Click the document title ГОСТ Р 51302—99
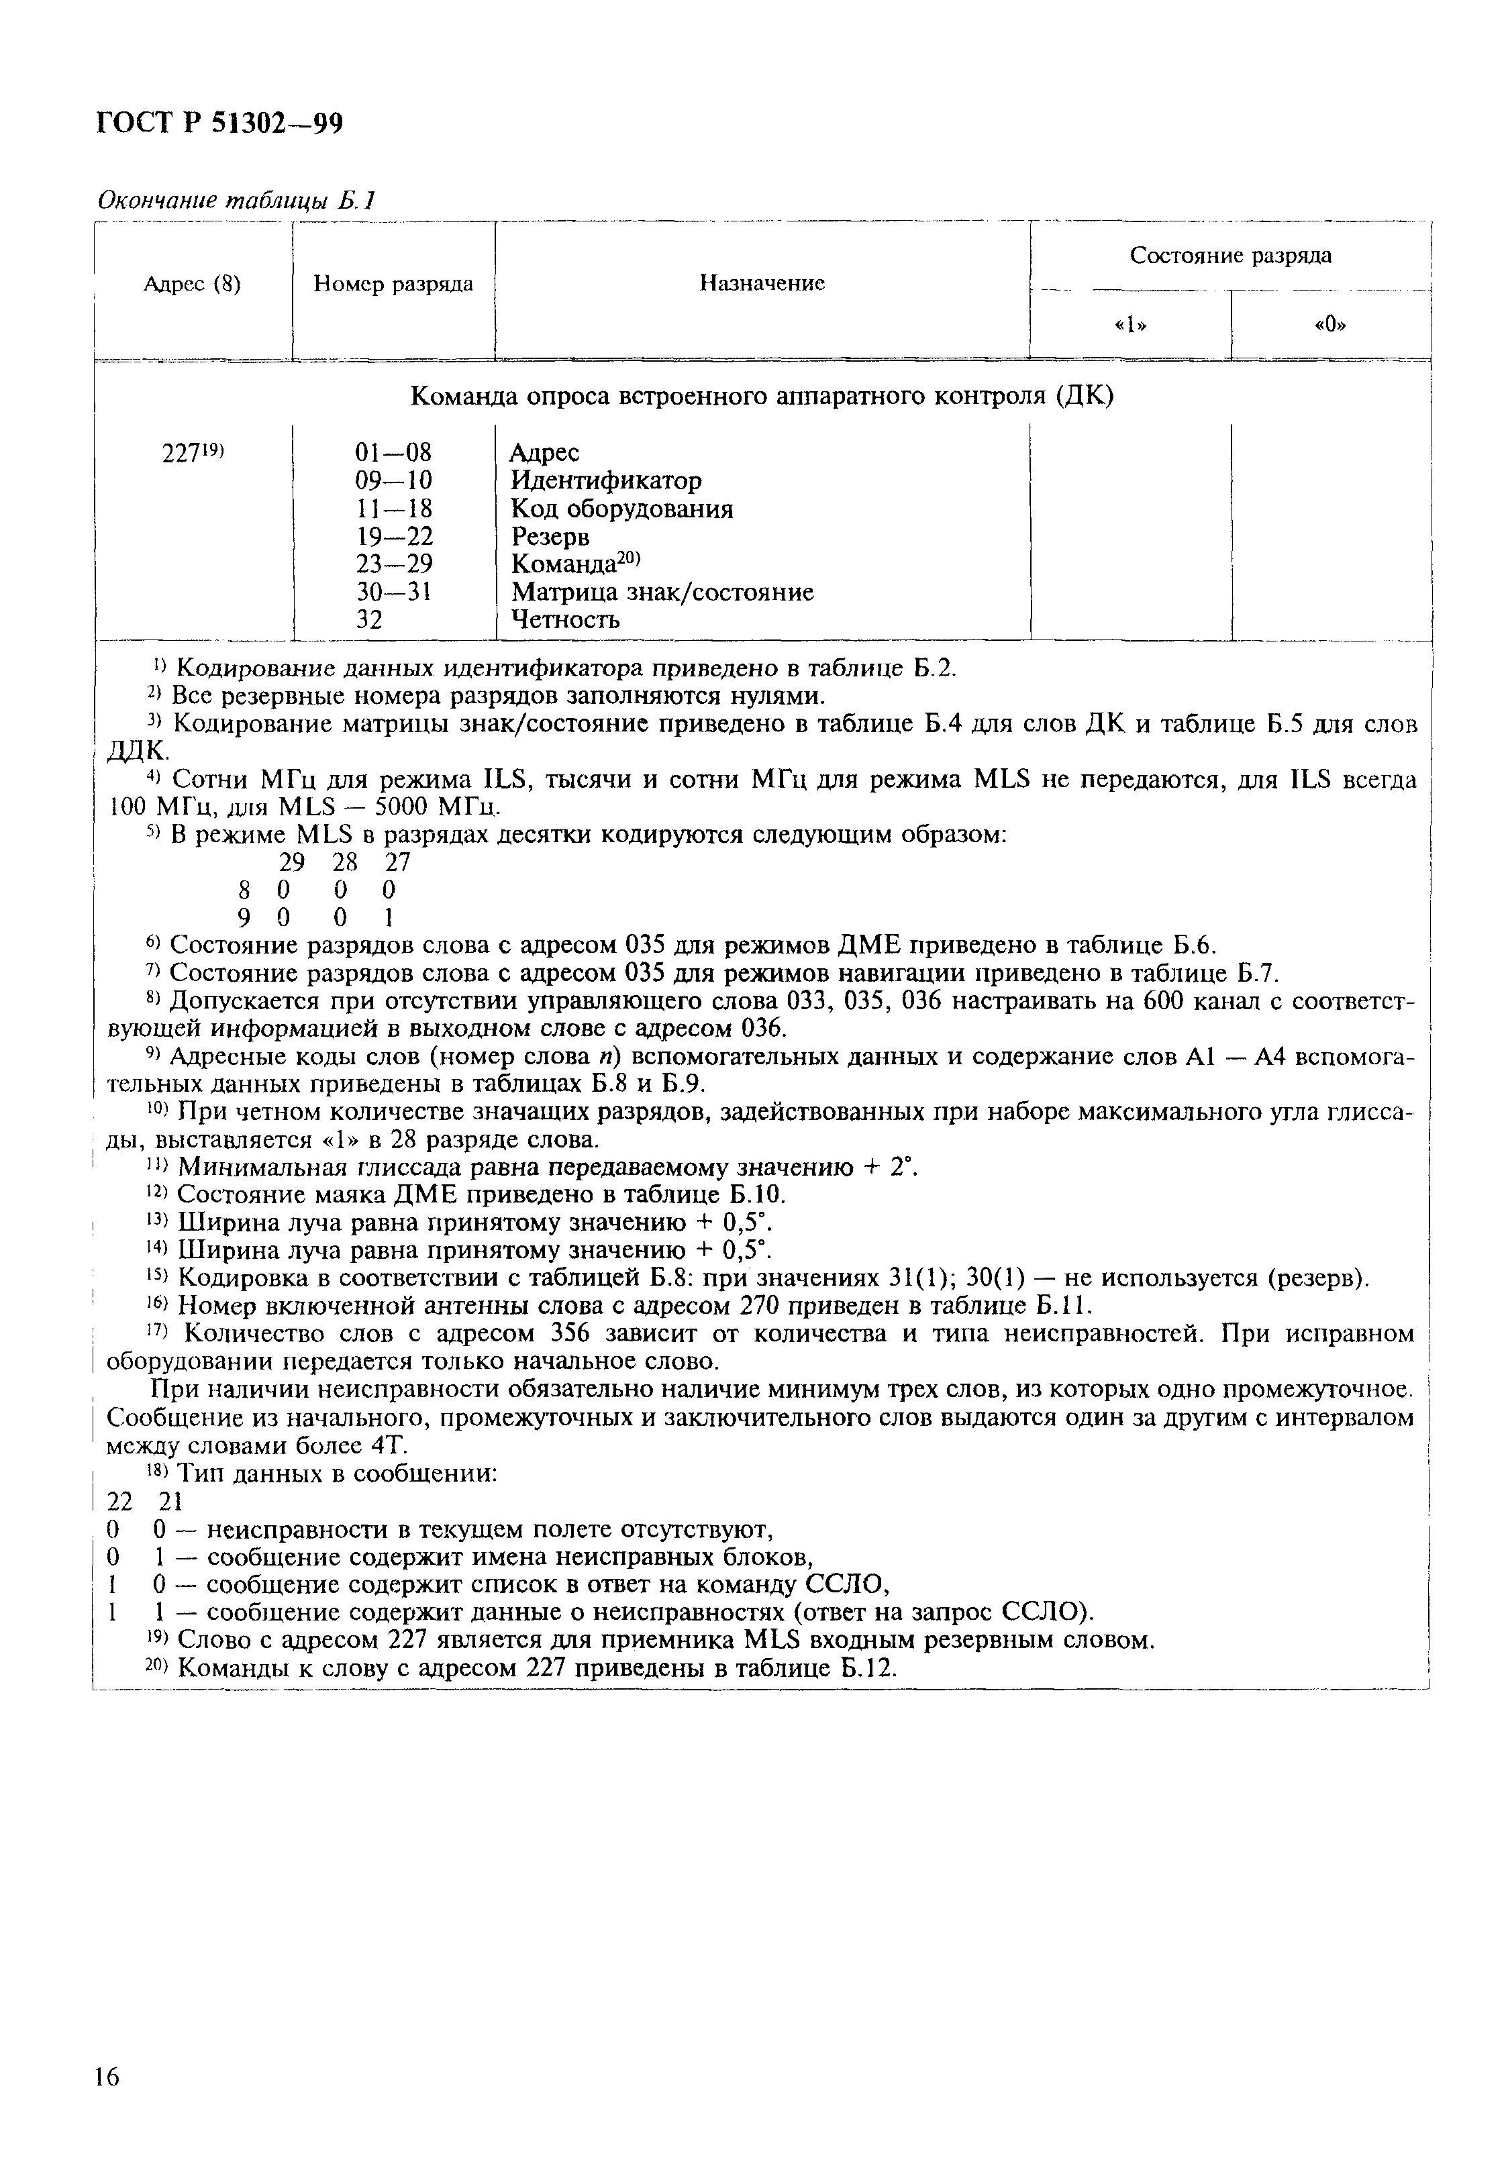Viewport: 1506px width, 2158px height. coord(219,123)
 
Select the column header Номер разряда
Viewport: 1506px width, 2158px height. coord(393,284)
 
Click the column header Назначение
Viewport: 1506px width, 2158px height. coord(762,283)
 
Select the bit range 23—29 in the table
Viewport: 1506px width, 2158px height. coord(394,564)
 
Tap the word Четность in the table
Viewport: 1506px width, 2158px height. coord(565,619)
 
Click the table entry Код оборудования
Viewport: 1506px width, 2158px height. coord(621,509)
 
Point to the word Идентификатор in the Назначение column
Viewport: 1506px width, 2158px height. coord(606,480)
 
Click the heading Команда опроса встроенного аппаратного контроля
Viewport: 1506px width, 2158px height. coord(762,397)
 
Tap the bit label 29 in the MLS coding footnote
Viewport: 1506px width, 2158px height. coord(291,862)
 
